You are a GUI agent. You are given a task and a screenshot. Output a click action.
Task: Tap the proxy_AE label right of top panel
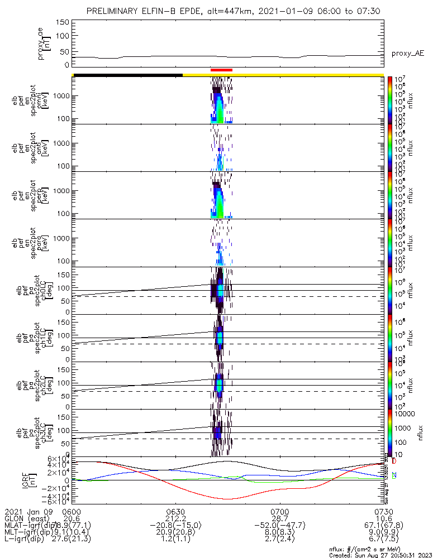[407, 54]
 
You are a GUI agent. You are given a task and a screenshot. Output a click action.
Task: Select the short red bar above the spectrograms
[221, 70]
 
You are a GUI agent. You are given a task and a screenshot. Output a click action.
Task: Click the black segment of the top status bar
[127, 75]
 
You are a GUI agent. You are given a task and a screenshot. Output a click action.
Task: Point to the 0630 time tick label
[175, 512]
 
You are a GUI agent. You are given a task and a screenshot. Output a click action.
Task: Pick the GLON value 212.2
[175, 519]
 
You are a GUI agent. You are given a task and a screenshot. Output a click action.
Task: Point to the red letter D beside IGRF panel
[394, 462]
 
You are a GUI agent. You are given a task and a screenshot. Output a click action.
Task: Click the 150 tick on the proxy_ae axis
[63, 22]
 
